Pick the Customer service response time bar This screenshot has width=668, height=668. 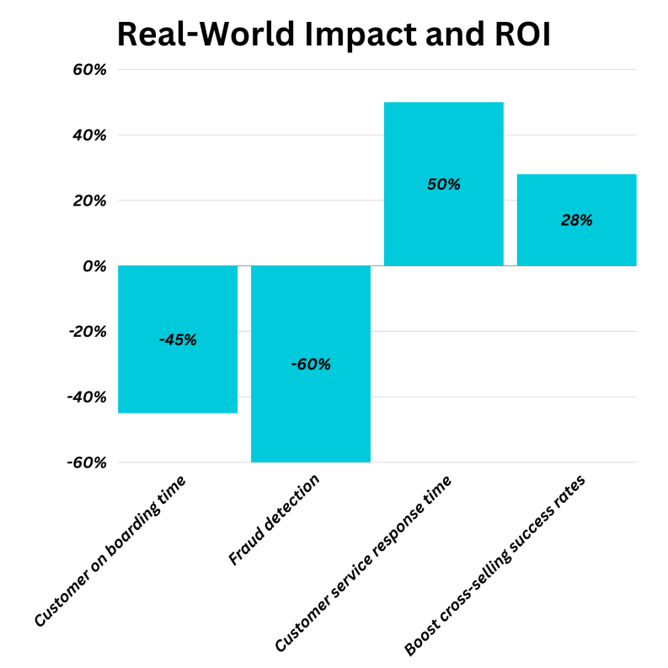click(x=444, y=227)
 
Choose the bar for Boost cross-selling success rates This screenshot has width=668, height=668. click(x=576, y=244)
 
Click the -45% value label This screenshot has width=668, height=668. click(x=178, y=340)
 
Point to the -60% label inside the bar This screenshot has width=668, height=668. click(x=311, y=365)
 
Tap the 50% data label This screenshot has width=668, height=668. click(x=444, y=184)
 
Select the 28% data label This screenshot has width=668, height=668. click(x=576, y=221)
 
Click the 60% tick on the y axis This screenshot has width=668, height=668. click(x=89, y=70)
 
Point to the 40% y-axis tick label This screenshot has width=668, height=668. click(x=89, y=135)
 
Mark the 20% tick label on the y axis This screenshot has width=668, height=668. click(x=89, y=200)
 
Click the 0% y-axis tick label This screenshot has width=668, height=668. click(x=94, y=266)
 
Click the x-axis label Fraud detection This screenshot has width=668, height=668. click(x=275, y=520)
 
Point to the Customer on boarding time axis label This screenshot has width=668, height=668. click(x=110, y=551)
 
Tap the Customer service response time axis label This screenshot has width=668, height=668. click(x=363, y=564)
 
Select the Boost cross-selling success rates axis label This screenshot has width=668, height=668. click(x=494, y=565)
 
